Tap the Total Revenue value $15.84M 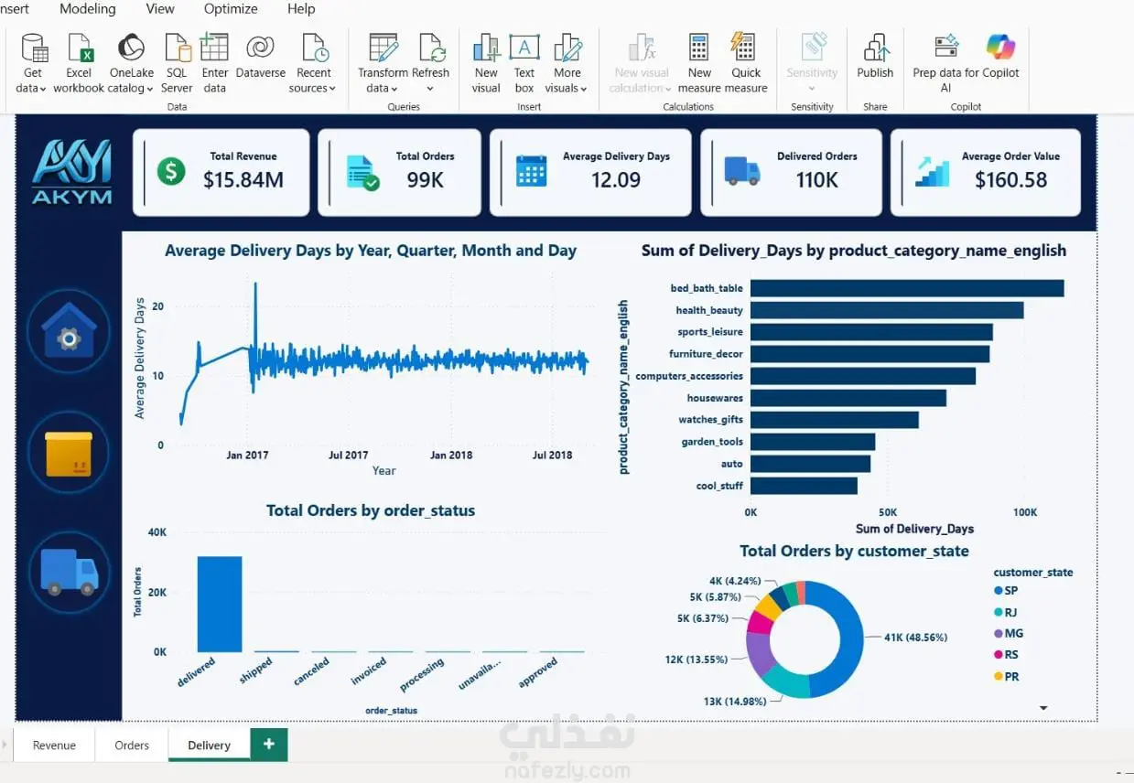coord(243,180)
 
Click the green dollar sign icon coord(171,171)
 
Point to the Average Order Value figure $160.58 coord(1010,180)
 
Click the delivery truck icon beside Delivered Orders coord(742,171)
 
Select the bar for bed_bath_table coord(907,288)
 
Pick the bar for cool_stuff coord(804,486)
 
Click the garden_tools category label coord(712,442)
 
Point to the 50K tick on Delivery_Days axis coord(888,512)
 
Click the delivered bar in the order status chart coord(220,604)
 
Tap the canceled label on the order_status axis coord(311,670)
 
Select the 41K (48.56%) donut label coord(915,638)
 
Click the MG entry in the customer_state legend coord(1009,633)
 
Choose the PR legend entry coord(1007,676)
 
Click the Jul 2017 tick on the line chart coord(349,456)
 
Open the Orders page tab coord(132,745)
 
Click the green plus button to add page coord(269,744)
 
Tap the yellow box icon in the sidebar coord(69,454)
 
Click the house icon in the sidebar coord(69,331)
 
